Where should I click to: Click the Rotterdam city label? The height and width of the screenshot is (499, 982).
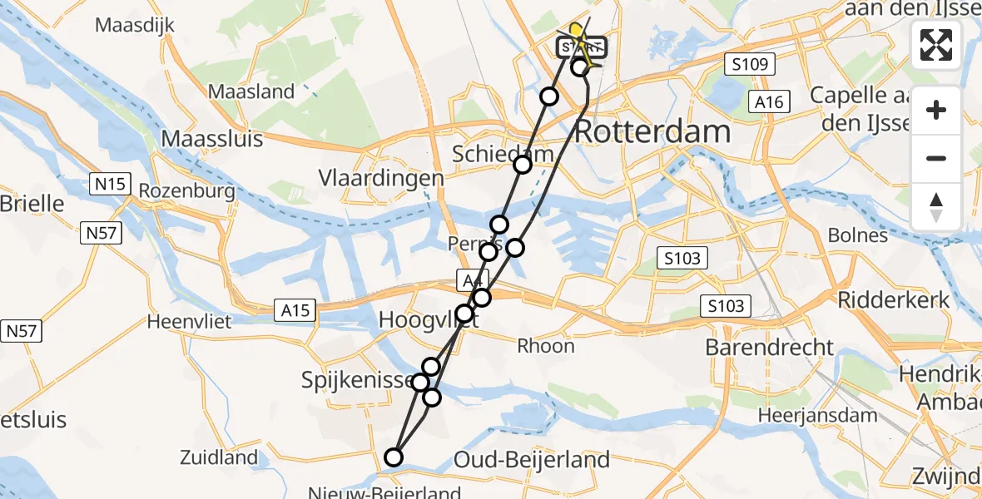(x=652, y=131)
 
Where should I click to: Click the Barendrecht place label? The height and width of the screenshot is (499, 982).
(x=769, y=347)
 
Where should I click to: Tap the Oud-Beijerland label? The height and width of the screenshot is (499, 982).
(x=533, y=459)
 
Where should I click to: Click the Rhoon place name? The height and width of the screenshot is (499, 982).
(x=546, y=345)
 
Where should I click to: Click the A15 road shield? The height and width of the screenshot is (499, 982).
(x=295, y=311)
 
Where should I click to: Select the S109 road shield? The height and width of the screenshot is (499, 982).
(x=749, y=64)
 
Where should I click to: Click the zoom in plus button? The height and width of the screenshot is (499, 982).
(x=936, y=110)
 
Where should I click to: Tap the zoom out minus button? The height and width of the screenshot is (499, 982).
(x=936, y=158)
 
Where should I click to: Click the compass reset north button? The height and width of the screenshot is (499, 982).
(x=936, y=206)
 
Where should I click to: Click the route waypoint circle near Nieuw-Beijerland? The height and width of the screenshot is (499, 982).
(x=394, y=457)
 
